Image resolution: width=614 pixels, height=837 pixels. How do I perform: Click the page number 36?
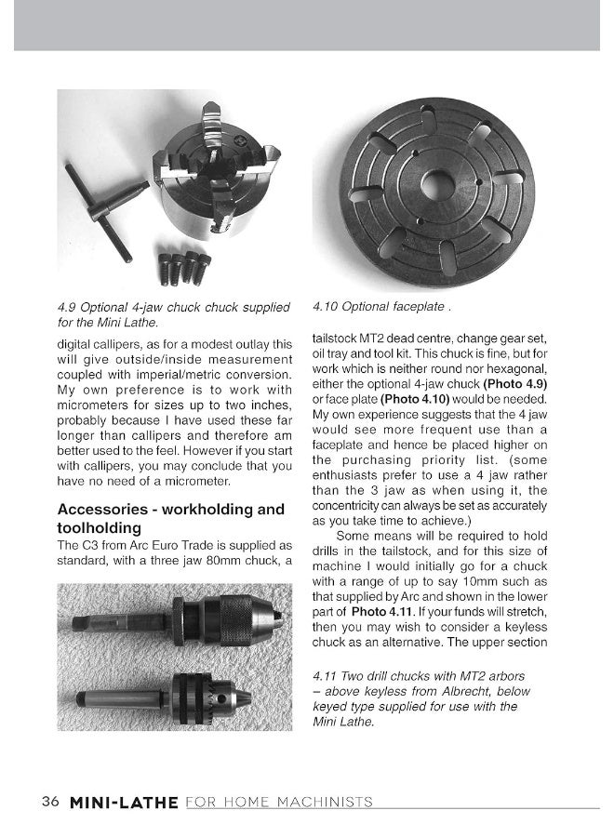pos(50,802)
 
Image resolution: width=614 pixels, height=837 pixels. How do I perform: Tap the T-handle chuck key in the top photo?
pos(104,210)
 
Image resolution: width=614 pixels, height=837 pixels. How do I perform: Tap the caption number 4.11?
pos(328,676)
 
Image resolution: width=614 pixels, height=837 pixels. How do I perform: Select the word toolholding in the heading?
pos(104,528)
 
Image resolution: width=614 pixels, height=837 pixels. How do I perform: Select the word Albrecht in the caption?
pos(470,691)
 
